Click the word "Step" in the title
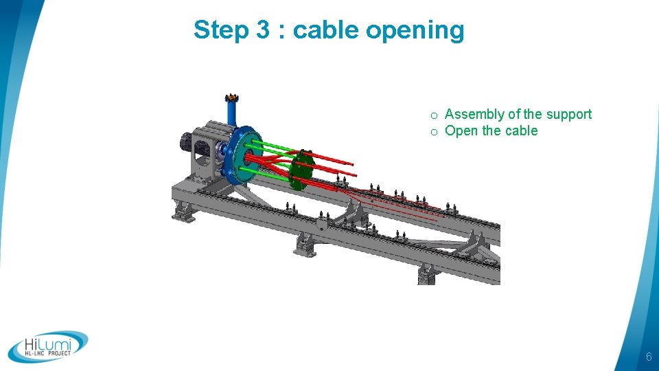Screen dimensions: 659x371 coord(218,31)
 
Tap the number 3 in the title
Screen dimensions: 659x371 coord(263,31)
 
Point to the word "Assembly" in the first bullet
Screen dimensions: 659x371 coord(474,115)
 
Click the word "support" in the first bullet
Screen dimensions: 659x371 coord(566,115)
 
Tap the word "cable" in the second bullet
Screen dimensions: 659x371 coord(522,131)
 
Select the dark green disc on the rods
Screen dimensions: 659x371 coord(300,170)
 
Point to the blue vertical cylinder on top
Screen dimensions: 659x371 coord(232,113)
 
